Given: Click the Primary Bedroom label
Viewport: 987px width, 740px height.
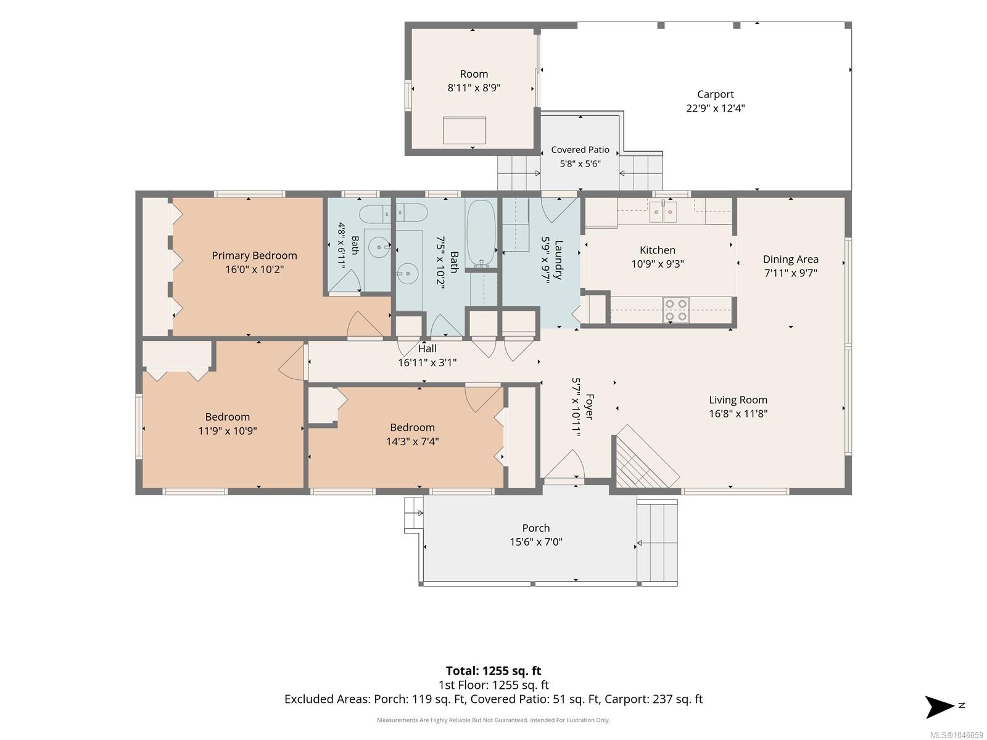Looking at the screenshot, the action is tap(254, 255).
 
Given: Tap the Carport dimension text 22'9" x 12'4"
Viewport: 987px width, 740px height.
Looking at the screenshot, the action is tap(715, 108).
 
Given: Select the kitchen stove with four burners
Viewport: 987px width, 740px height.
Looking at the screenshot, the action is tap(676, 310).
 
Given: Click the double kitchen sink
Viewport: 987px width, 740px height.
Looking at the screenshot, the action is tap(663, 212).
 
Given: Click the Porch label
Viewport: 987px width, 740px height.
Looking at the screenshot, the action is tap(535, 528).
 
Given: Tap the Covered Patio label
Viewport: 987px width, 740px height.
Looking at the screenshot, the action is tap(580, 150).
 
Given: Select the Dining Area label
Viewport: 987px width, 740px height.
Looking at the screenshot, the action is tap(790, 259).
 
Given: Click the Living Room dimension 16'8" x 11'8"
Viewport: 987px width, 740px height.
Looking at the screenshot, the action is tap(738, 413).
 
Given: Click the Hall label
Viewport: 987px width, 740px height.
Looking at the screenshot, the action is tap(427, 348).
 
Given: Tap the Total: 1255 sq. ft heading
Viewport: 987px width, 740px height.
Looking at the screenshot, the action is tap(493, 671).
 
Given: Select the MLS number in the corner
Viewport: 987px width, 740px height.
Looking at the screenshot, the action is tap(956, 735).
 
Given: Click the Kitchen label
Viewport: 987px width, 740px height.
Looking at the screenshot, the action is tap(657, 250).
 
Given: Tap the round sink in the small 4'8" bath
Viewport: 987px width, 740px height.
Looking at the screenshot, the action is tap(379, 247).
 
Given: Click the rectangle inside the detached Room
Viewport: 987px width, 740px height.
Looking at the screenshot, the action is tap(464, 130).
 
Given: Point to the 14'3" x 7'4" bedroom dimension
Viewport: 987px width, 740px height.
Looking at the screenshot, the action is tap(412, 441).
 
